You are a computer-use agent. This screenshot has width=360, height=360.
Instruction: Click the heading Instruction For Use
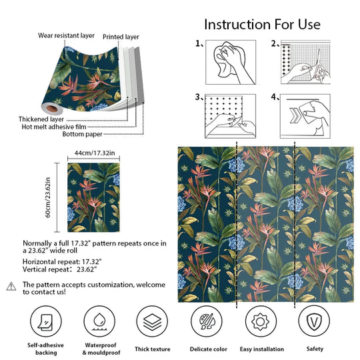pyautogui.click(x=262, y=25)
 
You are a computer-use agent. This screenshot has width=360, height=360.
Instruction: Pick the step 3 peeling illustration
pyautogui.click(x=228, y=113)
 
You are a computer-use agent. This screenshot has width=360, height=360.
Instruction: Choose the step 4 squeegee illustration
pyautogui.click(x=304, y=113)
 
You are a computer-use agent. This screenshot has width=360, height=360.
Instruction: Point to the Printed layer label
pyautogui.click(x=121, y=37)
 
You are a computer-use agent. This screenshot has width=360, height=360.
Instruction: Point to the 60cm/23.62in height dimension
pyautogui.click(x=48, y=196)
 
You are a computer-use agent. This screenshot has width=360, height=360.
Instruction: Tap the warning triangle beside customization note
pyautogui.click(x=11, y=286)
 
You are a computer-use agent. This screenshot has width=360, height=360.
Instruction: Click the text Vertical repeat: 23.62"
pyautogui.click(x=60, y=270)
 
